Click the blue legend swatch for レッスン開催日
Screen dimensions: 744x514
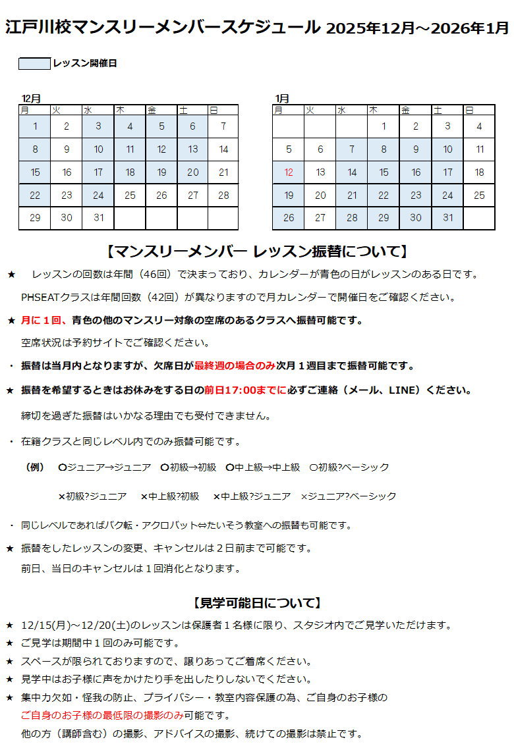pos(34,64)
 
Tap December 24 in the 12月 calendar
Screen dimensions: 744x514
pos(98,196)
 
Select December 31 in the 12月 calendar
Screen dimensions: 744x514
pos(98,218)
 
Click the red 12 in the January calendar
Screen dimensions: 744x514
pos(289,173)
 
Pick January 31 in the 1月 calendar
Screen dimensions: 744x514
pos(447,218)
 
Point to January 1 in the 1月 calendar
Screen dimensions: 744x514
pos(384,126)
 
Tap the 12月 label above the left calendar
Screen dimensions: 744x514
pos(30,99)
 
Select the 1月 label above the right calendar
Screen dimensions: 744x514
pos(282,99)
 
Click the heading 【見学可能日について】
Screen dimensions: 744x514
pos(257,603)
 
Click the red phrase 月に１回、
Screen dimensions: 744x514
pos(44,321)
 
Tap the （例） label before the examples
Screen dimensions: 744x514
pos(34,467)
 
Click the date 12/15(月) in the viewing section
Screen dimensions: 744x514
pos(45,625)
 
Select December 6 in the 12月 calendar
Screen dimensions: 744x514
pos(193,126)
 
